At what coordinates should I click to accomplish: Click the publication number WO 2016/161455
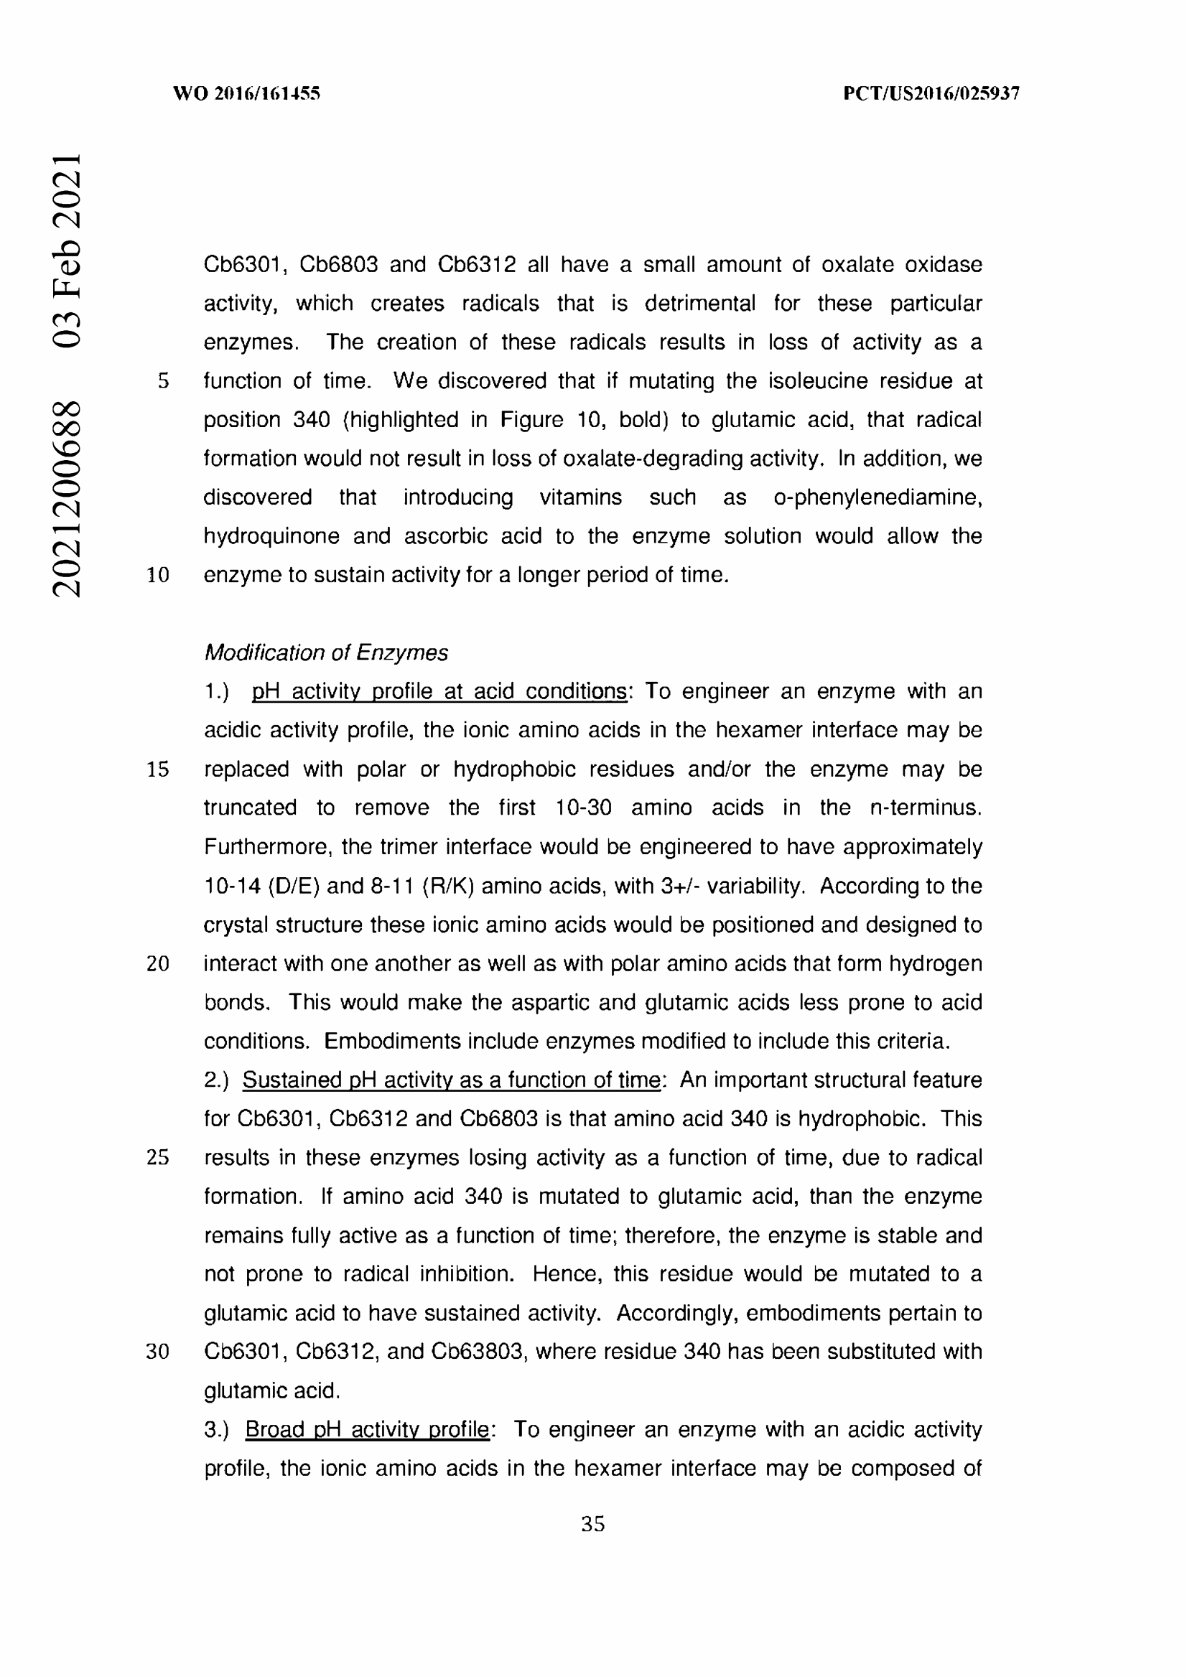pos(246,93)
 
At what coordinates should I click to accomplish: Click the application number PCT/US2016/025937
pos(931,93)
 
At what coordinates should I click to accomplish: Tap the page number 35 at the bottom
pos(592,1524)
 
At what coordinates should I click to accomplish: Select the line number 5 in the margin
pos(163,381)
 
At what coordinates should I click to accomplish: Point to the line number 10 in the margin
pos(158,576)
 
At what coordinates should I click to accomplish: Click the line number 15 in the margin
pos(158,770)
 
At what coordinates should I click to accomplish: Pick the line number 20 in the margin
pos(158,964)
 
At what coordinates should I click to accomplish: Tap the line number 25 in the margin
pos(158,1158)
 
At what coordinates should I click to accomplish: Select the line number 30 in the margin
pos(158,1352)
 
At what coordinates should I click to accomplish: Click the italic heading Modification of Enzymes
pos(326,653)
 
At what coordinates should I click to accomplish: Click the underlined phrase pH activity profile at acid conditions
pos(439,692)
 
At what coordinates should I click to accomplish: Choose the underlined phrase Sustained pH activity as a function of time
pos(451,1080)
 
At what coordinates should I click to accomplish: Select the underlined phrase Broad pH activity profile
pos(367,1430)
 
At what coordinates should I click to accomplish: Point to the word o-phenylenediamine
pos(878,497)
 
